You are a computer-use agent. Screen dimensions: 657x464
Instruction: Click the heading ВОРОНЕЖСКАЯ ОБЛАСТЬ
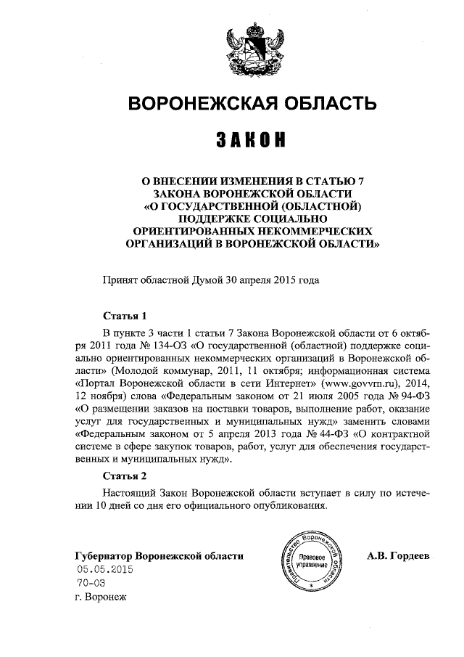252,105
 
